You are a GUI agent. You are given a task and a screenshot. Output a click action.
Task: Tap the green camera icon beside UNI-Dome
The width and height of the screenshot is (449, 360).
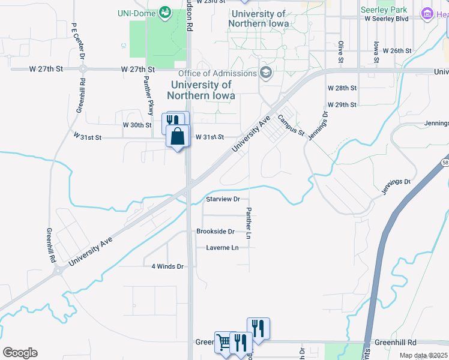coord(164,13)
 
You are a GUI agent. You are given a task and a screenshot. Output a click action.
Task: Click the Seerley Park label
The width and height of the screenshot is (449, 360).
coord(384,10)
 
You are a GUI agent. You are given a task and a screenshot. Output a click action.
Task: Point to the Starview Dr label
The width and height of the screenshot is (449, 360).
coord(223,199)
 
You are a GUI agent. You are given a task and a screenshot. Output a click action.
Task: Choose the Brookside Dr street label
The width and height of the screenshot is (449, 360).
coord(215,232)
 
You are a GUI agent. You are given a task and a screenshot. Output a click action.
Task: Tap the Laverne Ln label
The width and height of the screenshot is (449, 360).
coord(222,248)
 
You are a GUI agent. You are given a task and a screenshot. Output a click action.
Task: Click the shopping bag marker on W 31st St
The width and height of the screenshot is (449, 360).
coord(178,137)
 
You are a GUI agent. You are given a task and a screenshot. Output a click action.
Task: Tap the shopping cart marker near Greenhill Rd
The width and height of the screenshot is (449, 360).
coord(224,343)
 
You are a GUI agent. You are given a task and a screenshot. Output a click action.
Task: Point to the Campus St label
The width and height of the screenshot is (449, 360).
coord(291,125)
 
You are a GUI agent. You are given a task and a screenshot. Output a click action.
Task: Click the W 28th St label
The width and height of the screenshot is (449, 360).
coord(342,88)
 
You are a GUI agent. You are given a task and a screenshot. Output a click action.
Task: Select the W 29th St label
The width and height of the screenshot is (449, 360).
coord(342,105)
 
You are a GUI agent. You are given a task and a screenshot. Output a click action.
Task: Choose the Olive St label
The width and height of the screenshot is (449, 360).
coord(340,52)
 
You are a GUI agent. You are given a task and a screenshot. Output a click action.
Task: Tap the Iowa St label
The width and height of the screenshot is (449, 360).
coord(376,52)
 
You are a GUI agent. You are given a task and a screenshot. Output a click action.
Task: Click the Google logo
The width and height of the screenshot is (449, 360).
coord(20,353)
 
